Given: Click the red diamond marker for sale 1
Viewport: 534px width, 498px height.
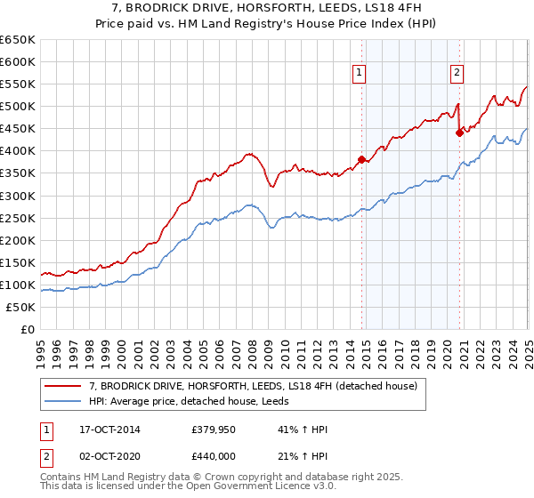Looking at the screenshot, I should [x=361, y=160].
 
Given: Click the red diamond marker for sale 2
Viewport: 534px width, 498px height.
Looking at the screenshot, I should [x=460, y=133].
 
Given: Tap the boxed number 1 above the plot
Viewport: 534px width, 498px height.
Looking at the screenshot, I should [x=358, y=74].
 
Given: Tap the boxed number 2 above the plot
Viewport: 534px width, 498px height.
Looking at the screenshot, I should [x=457, y=74].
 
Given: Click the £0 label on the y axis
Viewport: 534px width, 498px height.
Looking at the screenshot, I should [x=27, y=329].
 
